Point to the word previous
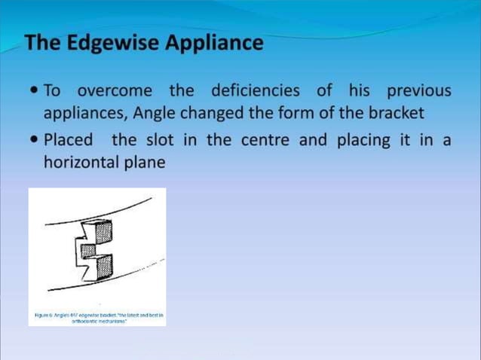[x=418, y=92]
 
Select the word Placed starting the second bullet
[x=69, y=140]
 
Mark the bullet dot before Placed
[x=33, y=141]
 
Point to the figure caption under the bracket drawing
[x=97, y=316]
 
